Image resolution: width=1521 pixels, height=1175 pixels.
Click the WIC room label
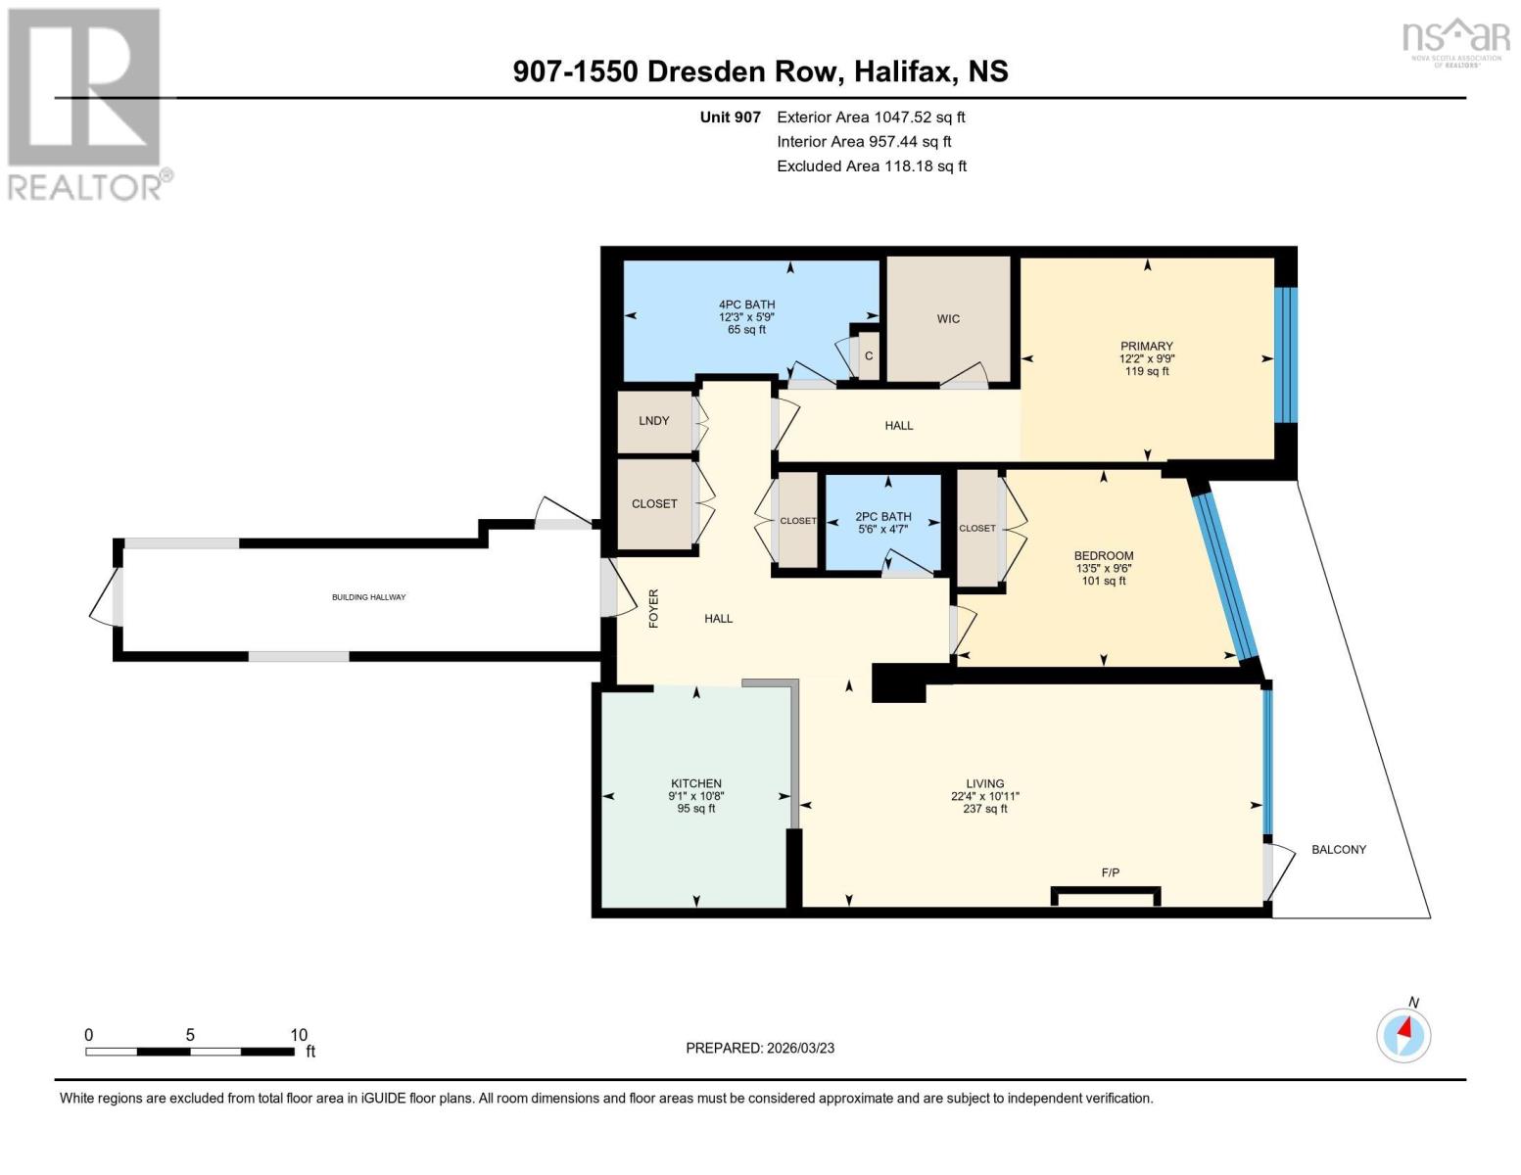point(948,319)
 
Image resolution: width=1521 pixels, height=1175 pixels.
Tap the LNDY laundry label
point(654,421)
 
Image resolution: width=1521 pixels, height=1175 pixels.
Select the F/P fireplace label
point(1110,872)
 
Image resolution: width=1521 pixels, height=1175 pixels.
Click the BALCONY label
point(1338,849)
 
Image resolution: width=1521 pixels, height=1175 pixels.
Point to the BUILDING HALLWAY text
point(368,597)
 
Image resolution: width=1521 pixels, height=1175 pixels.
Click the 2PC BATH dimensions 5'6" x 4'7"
point(882,529)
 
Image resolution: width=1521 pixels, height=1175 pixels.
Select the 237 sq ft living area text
point(985,808)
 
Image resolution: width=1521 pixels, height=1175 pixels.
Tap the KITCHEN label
point(695,783)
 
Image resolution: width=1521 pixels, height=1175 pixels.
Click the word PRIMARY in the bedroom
point(1147,346)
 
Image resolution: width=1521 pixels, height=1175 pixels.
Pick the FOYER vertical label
point(654,608)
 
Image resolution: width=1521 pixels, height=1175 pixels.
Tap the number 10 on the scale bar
point(299,1034)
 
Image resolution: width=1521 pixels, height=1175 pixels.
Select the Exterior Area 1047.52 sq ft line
point(871,117)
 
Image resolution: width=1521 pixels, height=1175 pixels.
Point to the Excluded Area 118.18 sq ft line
point(872,165)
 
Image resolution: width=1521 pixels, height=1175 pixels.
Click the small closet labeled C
point(869,355)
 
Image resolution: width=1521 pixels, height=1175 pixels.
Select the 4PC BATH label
point(747,305)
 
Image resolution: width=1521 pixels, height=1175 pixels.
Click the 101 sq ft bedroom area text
point(1104,580)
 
